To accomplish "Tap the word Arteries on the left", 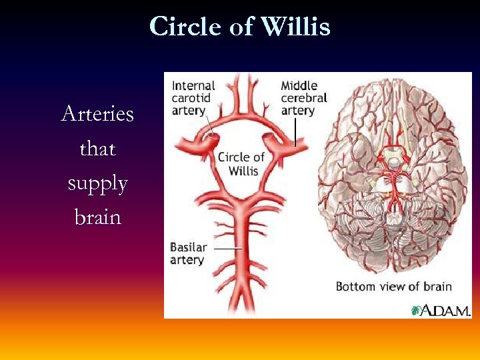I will coord(97,114).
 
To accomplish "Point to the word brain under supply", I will coord(97,218).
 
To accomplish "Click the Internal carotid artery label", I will coord(193,98).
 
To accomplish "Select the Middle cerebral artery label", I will coord(303,98).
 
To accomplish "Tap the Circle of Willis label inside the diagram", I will coord(241,163).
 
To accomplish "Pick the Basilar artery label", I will coord(189,253).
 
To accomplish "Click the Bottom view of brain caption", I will coord(393,287).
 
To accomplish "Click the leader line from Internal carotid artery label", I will coord(208,125).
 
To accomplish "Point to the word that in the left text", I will coord(97,149).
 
